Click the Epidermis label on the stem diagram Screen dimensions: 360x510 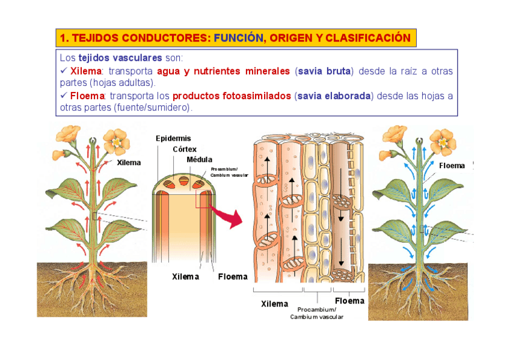click(173, 138)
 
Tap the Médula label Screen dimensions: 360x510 click(199, 159)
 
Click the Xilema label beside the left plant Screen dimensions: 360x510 click(129, 163)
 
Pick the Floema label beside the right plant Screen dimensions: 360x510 click(452, 165)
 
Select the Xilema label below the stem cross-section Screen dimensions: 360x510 click(185, 276)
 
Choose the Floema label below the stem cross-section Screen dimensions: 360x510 click(233, 276)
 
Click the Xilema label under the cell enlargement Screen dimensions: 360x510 click(274, 304)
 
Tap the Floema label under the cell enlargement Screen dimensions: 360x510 click(349, 301)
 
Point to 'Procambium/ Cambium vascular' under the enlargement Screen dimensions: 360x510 click(316, 313)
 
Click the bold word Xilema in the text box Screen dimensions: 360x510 click(85, 72)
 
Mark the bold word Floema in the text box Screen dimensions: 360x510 click(87, 96)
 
